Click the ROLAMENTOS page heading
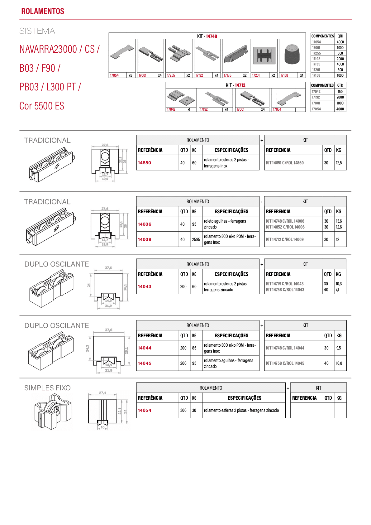point(43,11)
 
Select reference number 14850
point(145,163)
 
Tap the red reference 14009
point(145,239)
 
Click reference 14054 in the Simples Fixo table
point(145,410)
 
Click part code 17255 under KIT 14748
point(171,75)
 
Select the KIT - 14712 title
point(235,85)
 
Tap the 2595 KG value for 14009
point(196,239)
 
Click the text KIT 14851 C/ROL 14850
point(285,163)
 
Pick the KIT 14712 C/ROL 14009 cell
point(285,239)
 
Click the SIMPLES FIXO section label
point(47,388)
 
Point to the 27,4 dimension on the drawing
point(102,393)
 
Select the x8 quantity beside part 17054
point(131,75)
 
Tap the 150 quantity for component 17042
point(340,92)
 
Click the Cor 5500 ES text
point(42,106)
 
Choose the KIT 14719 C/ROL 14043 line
point(285,284)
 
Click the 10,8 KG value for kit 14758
point(339,363)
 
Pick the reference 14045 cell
point(145,363)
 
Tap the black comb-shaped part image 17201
point(264,55)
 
